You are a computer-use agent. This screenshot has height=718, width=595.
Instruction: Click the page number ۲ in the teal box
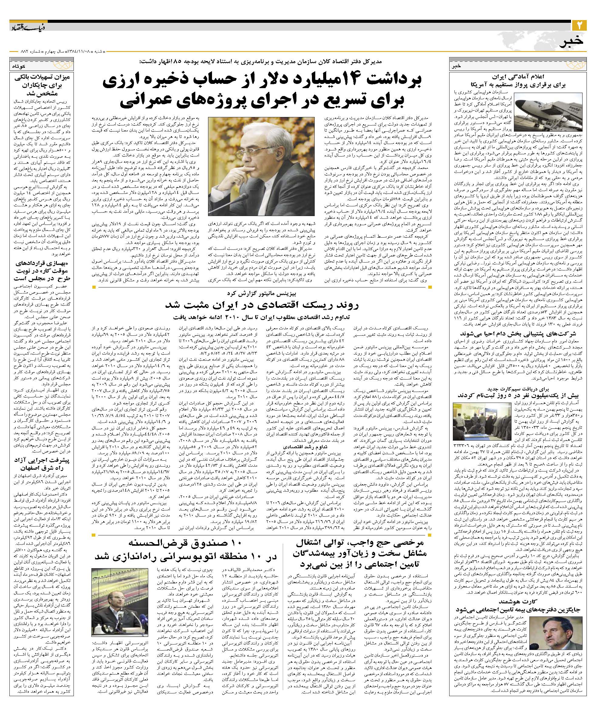click(x=579, y=26)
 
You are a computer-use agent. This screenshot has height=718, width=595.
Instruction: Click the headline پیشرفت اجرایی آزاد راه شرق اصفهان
click(x=42, y=464)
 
